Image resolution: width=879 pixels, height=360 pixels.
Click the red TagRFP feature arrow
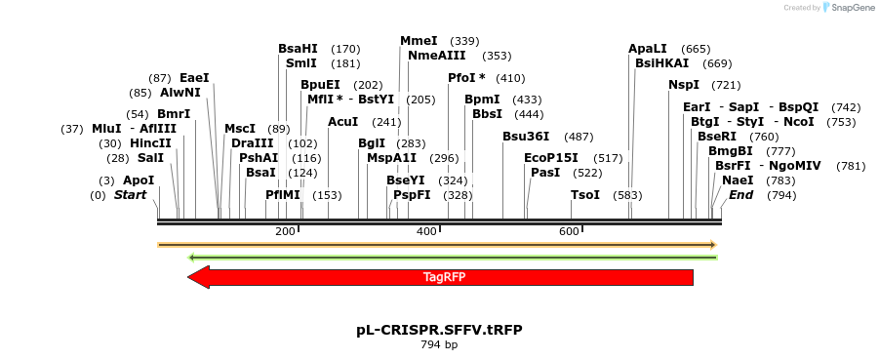coord(444,277)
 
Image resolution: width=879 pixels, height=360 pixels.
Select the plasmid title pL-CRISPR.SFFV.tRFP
coord(439,330)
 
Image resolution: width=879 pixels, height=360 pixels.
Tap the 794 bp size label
coord(439,344)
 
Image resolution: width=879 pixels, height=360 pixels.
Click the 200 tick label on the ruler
coord(285,231)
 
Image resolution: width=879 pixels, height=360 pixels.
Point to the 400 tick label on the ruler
coord(426,231)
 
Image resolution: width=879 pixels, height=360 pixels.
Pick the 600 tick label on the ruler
coord(569,231)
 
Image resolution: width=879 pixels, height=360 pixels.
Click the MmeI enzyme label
coord(419,41)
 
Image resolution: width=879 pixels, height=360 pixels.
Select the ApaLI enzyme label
coord(648,49)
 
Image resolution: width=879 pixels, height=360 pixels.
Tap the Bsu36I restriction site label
coord(526,137)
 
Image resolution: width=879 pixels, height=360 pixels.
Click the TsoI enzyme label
coord(585,195)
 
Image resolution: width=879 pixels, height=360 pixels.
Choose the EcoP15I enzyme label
coord(551,158)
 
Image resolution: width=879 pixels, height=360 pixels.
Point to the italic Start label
coord(130,195)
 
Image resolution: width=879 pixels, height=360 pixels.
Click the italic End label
coord(740,195)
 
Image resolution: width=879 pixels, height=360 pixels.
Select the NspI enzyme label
coord(684,85)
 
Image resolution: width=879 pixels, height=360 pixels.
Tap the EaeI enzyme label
coord(194,78)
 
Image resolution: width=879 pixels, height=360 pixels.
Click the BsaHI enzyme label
coord(298,49)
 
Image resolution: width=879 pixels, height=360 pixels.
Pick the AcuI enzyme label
coord(343,122)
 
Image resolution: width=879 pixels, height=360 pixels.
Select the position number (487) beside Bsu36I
coord(579,137)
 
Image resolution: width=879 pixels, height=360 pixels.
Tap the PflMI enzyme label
coord(283,195)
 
